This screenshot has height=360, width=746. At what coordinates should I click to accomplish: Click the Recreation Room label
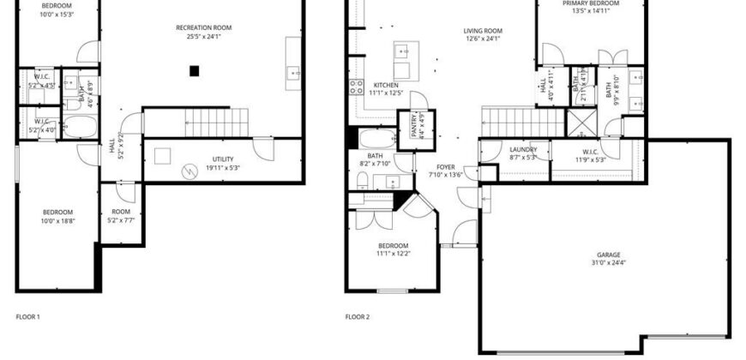203,28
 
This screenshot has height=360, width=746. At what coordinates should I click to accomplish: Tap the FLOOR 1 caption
28,317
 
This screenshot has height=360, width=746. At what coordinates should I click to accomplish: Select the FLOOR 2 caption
358,317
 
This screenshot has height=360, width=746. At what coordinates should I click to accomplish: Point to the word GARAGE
609,255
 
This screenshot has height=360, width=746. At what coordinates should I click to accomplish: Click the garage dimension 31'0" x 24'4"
609,262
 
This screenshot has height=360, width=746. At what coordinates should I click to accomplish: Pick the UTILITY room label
223,159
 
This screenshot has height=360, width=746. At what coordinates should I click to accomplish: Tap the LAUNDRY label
522,150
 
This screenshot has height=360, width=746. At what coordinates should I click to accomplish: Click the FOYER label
445,167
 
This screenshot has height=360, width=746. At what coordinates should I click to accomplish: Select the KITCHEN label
386,85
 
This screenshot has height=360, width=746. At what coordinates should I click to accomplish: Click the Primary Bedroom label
592,3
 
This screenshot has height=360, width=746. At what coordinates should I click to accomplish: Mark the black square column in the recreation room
196,71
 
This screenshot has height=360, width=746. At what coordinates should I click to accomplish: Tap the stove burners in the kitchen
356,86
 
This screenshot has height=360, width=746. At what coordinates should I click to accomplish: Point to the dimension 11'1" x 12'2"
393,254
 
